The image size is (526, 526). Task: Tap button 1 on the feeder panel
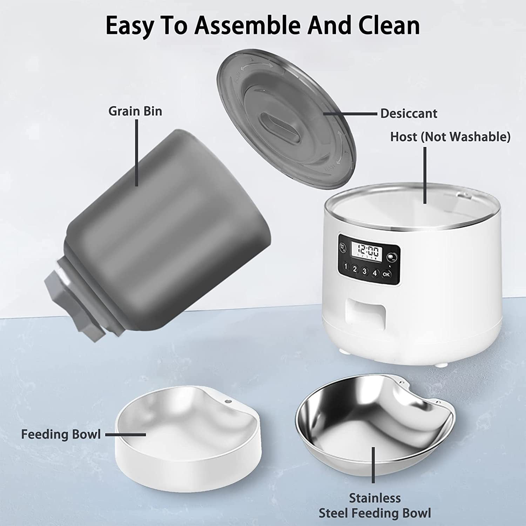(346, 267)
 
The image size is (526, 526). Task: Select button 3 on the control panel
(365, 271)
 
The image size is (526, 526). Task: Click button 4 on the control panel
(375, 273)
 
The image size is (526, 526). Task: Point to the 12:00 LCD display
(365, 252)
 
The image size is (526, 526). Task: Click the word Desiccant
(409, 114)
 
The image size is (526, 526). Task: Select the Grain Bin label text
(135, 111)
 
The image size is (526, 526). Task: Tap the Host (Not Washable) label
(450, 137)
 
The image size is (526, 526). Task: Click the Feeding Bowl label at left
(61, 434)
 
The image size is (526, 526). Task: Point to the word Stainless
(375, 498)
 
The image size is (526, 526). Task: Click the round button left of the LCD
(343, 248)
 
